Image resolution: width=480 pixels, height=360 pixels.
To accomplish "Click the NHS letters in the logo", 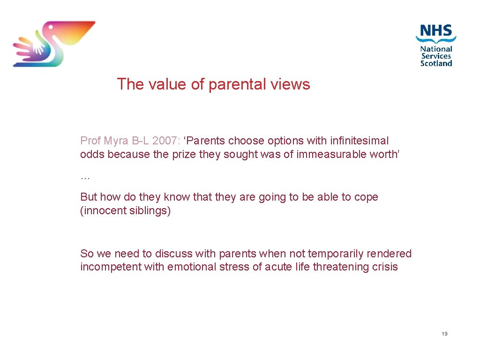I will pyautogui.click(x=436, y=32).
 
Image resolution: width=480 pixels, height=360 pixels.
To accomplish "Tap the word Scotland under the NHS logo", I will pyautogui.click(x=436, y=63).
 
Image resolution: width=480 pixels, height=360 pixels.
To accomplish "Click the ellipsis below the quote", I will pyautogui.click(x=85, y=177).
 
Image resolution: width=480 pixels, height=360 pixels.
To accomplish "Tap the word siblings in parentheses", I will pyautogui.click(x=149, y=211).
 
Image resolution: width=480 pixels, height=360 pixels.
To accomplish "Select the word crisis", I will pyautogui.click(x=384, y=267).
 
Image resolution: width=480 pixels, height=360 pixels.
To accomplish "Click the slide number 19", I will pyautogui.click(x=444, y=334).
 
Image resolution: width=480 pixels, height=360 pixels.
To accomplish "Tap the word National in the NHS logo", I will pyautogui.click(x=436, y=49).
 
